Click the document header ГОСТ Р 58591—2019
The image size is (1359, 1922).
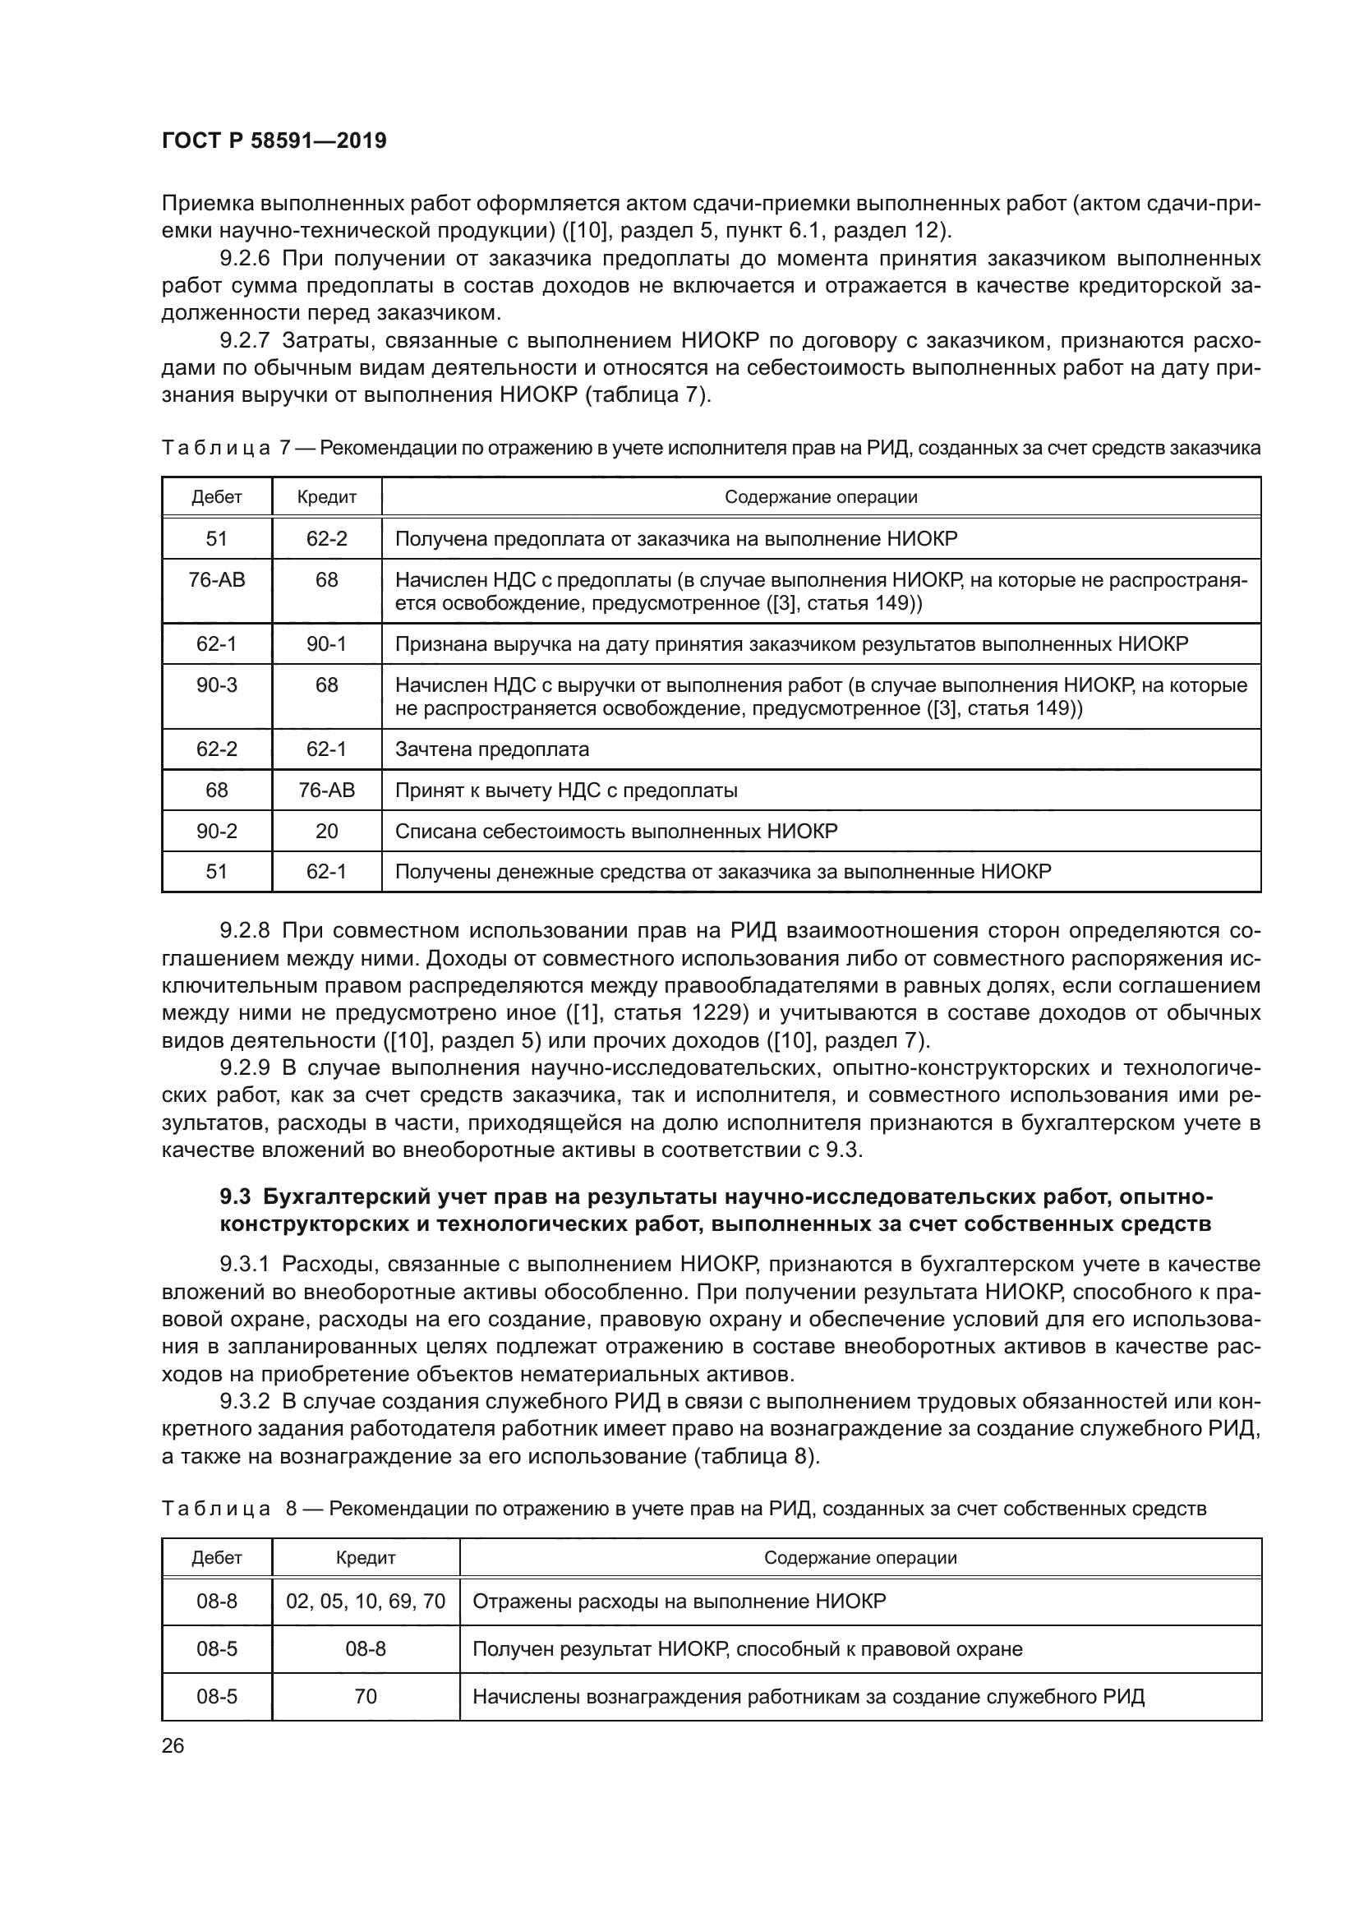click(274, 141)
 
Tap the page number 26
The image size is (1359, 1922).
click(173, 1746)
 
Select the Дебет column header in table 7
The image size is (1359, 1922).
click(217, 497)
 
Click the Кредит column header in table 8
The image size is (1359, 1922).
click(366, 1558)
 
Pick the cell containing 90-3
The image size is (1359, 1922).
click(217, 685)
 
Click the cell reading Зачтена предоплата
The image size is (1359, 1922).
click(491, 749)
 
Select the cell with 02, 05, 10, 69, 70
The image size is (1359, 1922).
click(366, 1602)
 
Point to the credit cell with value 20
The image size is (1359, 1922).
click(326, 832)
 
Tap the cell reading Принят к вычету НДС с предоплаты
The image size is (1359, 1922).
click(565, 790)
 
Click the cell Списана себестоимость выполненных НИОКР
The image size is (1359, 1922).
click(615, 832)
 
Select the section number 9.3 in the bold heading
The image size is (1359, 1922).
click(234, 1197)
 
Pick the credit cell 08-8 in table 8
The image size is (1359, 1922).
click(366, 1649)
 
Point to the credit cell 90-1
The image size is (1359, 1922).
click(326, 644)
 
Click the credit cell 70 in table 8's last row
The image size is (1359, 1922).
click(366, 1697)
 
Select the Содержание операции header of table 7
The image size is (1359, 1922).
click(820, 497)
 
